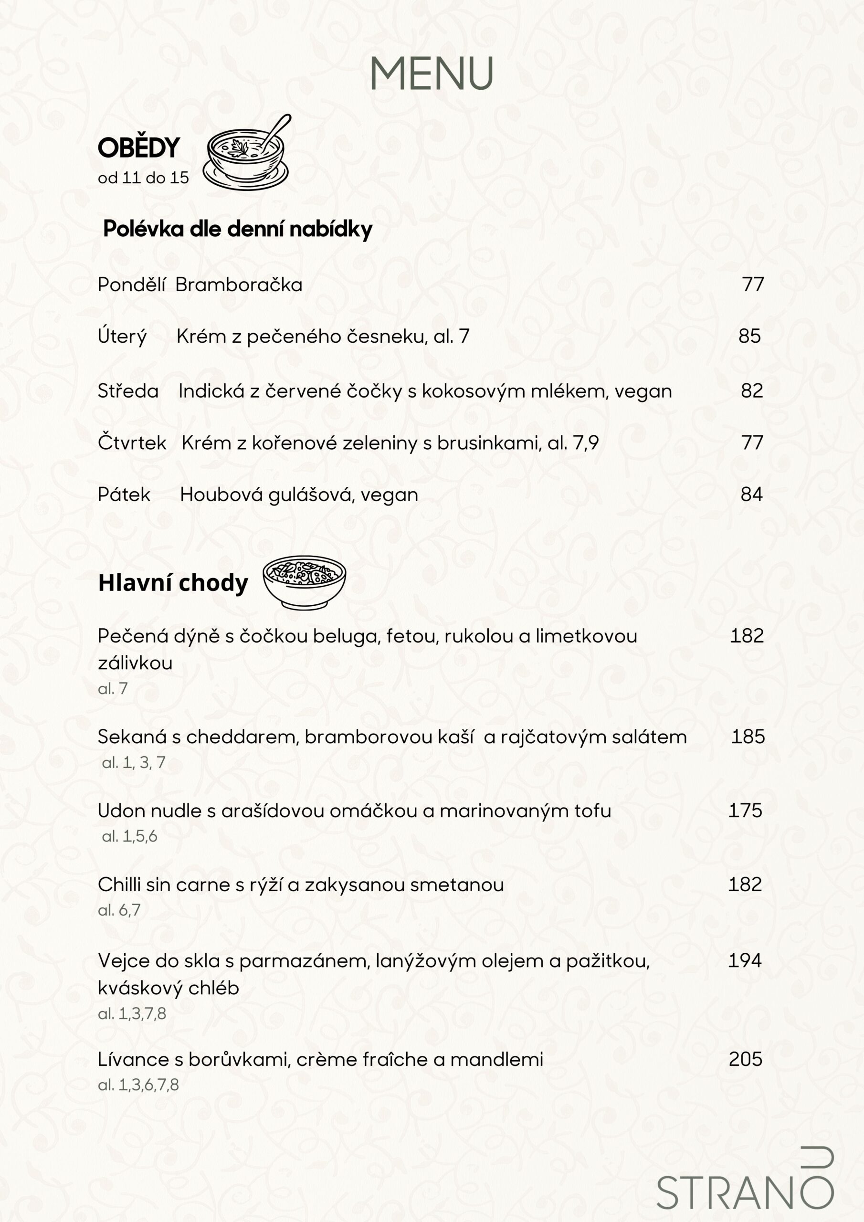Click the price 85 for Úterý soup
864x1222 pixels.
(749, 336)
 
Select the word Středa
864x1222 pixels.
(128, 391)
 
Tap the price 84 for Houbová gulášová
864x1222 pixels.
(751, 495)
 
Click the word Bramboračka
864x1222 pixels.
(239, 285)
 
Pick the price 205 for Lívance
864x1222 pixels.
(745, 1059)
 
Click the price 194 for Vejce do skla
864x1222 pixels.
(745, 961)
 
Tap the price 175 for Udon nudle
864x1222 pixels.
(745, 811)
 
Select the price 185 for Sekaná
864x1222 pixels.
(748, 737)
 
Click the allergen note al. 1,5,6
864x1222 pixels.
(129, 836)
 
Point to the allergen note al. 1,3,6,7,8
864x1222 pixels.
(138, 1085)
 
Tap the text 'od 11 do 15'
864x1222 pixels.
(143, 178)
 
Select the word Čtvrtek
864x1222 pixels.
(132, 443)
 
